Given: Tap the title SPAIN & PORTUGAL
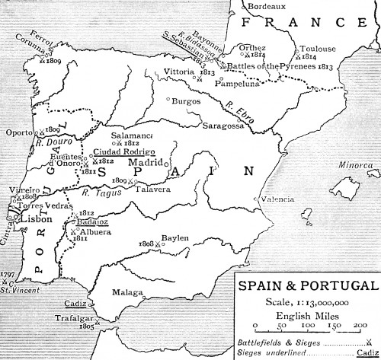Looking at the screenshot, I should (307, 286).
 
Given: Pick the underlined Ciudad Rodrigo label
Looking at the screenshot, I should (121, 151).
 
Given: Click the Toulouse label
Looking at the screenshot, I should (318, 49).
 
